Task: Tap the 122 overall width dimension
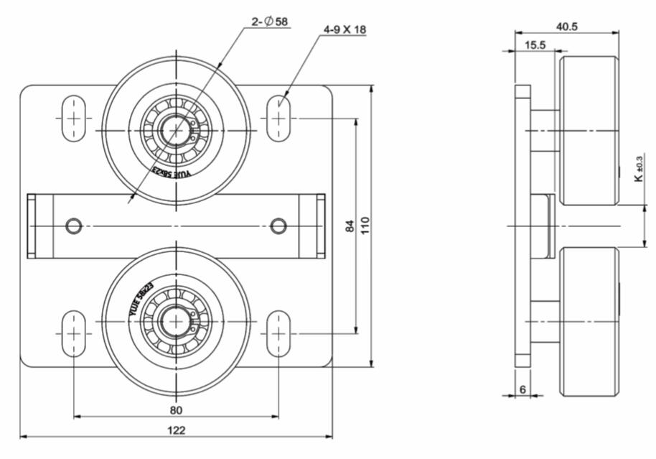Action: [177, 430]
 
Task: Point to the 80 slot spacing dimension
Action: [177, 409]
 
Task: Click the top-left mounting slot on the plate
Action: [74, 118]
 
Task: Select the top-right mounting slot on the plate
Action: [278, 118]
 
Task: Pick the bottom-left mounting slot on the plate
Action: [74, 333]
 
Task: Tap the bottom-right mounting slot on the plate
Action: [278, 333]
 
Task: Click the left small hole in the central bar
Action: [73, 226]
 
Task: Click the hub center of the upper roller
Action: [176, 130]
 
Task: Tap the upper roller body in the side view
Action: [589, 130]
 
